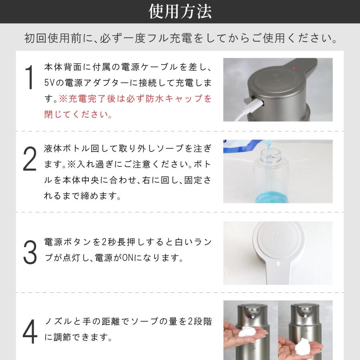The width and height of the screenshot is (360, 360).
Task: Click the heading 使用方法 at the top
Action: pos(180,12)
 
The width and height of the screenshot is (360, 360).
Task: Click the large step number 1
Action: pos(29,79)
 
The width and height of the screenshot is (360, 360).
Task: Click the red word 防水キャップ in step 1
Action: pos(182,99)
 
